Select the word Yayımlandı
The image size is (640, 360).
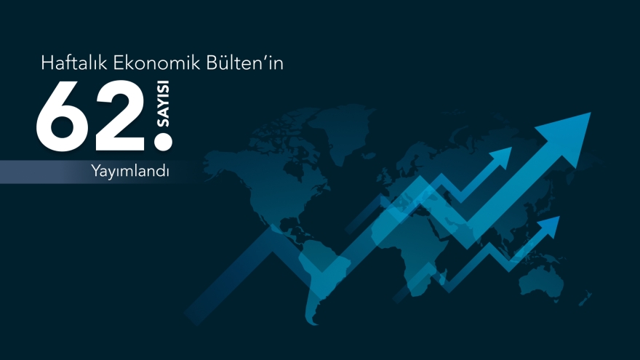coord(130,172)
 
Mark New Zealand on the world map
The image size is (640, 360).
coord(585,298)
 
